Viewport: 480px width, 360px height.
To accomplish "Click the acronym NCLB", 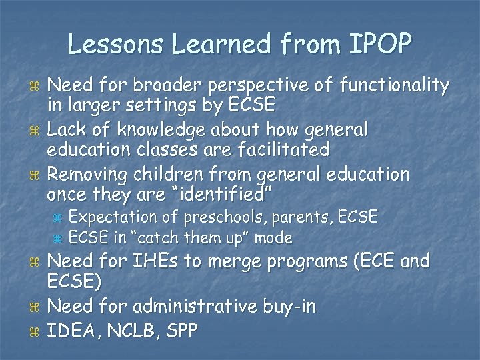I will click(x=135, y=329).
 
